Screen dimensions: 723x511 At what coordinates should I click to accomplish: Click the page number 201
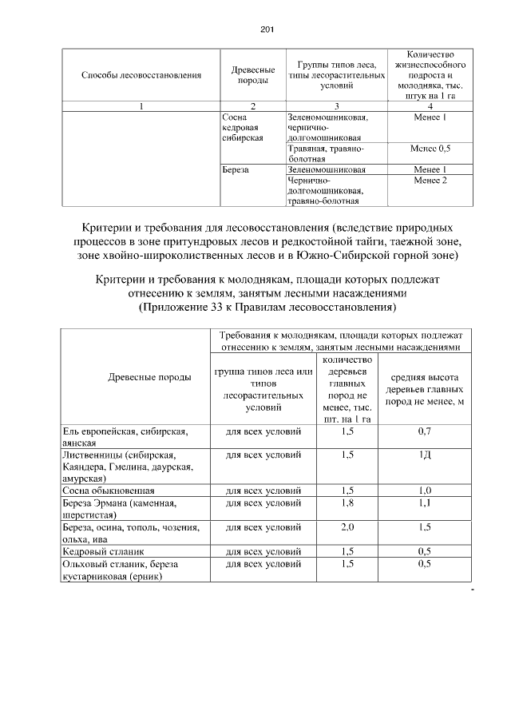pos(267,30)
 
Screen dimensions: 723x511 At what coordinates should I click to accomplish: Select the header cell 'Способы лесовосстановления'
pos(141,75)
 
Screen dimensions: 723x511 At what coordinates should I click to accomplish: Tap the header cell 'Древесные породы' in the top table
pos(252,75)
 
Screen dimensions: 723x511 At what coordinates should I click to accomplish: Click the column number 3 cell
pos(335,106)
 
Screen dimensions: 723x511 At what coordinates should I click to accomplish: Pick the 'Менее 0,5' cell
pos(430,149)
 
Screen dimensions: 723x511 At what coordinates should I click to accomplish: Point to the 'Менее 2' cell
pos(430,181)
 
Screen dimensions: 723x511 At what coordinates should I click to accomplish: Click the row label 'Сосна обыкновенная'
pos(109,490)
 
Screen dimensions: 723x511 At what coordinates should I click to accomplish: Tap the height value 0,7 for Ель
pos(425,432)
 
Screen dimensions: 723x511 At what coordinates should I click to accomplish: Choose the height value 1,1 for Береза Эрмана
pos(425,504)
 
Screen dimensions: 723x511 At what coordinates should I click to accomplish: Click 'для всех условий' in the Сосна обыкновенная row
pos(263,490)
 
